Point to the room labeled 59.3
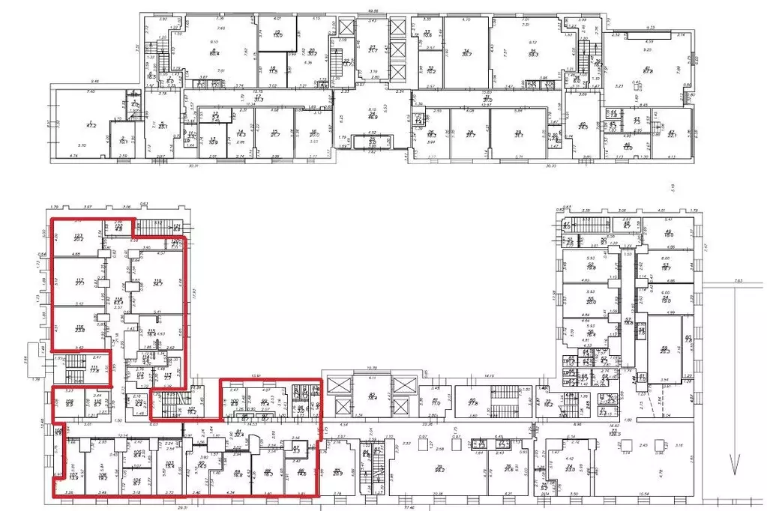tap(533, 54)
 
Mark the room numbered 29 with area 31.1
tap(517, 135)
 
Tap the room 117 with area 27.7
tap(79, 284)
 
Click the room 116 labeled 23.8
tap(79, 328)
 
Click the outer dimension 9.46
tap(95, 81)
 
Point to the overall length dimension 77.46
tap(409, 507)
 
